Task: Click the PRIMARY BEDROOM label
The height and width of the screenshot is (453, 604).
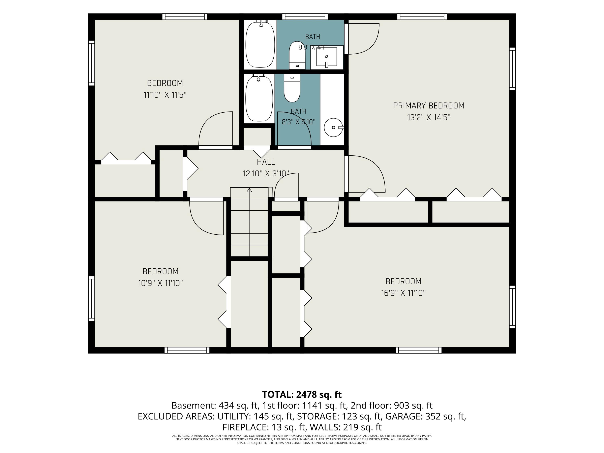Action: click(428, 106)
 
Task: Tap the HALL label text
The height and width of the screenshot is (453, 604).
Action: click(266, 162)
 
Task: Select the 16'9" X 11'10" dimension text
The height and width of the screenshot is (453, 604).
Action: click(403, 293)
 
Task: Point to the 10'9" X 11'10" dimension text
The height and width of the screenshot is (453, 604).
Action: click(160, 283)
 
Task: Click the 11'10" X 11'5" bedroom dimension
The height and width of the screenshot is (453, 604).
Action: click(165, 95)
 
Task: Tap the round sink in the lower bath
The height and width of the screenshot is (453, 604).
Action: click(334, 127)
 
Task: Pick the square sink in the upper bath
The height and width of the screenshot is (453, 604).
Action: click(327, 57)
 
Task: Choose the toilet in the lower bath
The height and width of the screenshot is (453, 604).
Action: click(292, 88)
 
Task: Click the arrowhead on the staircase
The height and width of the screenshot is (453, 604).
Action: click(249, 190)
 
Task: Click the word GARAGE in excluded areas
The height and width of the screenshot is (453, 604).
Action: click(401, 416)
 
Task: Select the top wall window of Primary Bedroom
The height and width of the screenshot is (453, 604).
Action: click(422, 16)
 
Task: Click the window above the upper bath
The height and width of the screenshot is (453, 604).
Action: click(305, 16)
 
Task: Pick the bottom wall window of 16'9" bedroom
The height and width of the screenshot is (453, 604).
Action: click(419, 350)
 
